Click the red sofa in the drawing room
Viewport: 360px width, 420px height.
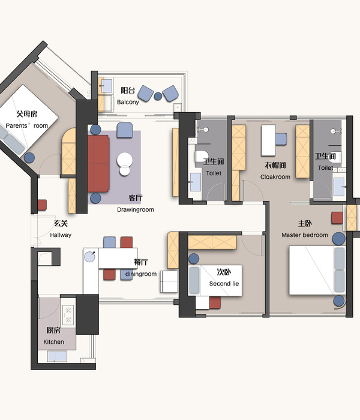coord(98,163)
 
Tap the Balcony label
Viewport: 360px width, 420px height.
coord(128,102)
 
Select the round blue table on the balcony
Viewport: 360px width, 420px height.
coord(158,96)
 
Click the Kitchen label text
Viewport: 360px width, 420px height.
coord(54,342)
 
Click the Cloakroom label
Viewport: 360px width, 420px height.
coord(275,177)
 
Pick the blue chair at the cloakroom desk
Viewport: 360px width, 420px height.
coord(281,139)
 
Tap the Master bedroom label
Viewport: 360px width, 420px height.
coord(305,235)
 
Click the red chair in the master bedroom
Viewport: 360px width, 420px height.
coord(337,218)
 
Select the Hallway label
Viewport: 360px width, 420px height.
coord(61,235)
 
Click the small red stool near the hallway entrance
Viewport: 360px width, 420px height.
coord(42,205)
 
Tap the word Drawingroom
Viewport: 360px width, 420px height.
coord(136,210)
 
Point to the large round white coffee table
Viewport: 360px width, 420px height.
coord(125,160)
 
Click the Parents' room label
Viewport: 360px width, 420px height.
coord(27,125)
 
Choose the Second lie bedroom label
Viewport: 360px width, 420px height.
coord(224,284)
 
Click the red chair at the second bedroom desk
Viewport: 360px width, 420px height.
coord(215,302)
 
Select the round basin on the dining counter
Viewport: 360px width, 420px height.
coord(89,256)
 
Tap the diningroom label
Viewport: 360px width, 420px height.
coord(141,274)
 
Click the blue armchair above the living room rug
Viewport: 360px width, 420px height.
coord(125,130)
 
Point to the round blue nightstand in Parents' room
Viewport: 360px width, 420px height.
coord(29,157)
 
